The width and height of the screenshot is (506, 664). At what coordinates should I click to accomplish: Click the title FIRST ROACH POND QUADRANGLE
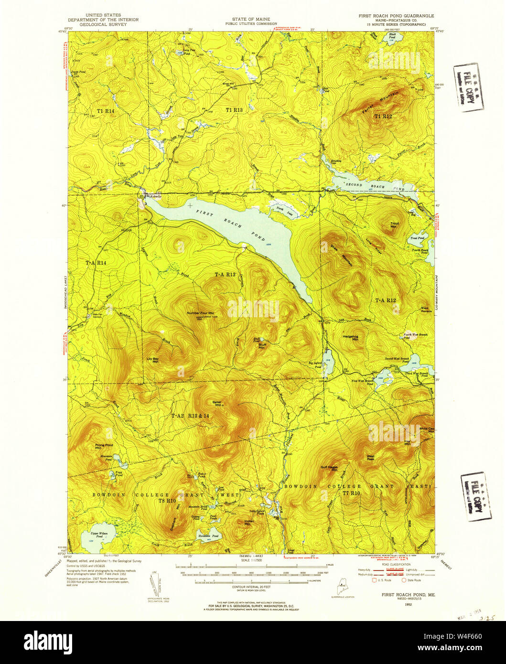396,16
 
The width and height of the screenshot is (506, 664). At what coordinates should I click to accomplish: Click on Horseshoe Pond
209,535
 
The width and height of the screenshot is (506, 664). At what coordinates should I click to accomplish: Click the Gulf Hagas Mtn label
330,469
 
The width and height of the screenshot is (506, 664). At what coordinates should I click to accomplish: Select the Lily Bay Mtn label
152,360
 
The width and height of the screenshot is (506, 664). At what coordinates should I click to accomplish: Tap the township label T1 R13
234,110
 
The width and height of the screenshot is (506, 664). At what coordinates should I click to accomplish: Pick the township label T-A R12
385,300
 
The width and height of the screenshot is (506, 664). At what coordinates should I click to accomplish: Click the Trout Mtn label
395,225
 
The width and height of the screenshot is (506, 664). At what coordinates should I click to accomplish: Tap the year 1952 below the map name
408,604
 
